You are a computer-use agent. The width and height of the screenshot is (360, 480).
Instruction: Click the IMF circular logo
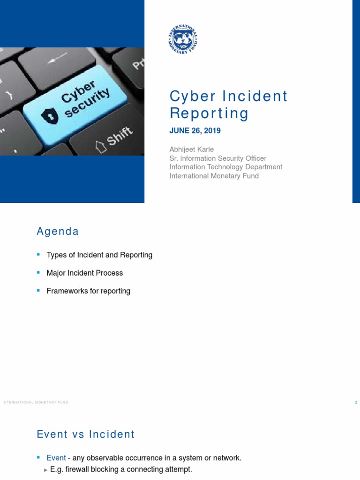[183, 39]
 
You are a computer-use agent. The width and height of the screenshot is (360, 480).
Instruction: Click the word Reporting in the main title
[209, 113]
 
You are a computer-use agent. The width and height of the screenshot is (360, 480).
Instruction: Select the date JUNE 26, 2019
[195, 131]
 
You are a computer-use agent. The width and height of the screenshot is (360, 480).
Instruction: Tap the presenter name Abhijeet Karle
[191, 150]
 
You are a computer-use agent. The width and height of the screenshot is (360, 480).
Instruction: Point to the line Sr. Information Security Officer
[217, 158]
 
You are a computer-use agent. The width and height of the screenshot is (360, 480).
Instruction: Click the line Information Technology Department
[225, 167]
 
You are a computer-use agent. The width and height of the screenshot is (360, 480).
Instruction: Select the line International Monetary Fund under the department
[214, 176]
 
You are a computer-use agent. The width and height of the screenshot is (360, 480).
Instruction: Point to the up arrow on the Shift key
[100, 147]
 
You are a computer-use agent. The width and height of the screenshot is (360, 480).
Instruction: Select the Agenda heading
[58, 232]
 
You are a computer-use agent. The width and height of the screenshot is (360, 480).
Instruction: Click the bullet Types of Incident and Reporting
[99, 255]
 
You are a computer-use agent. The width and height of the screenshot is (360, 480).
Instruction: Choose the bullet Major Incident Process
[84, 273]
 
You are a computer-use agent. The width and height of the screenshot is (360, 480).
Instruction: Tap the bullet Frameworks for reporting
[88, 291]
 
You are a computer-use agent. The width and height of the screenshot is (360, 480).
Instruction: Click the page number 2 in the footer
[356, 403]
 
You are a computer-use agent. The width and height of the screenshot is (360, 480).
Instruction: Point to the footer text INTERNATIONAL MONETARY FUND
[35, 403]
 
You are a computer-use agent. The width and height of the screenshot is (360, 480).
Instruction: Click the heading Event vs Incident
[86, 435]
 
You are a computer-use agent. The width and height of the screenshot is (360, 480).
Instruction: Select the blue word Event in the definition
[56, 458]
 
